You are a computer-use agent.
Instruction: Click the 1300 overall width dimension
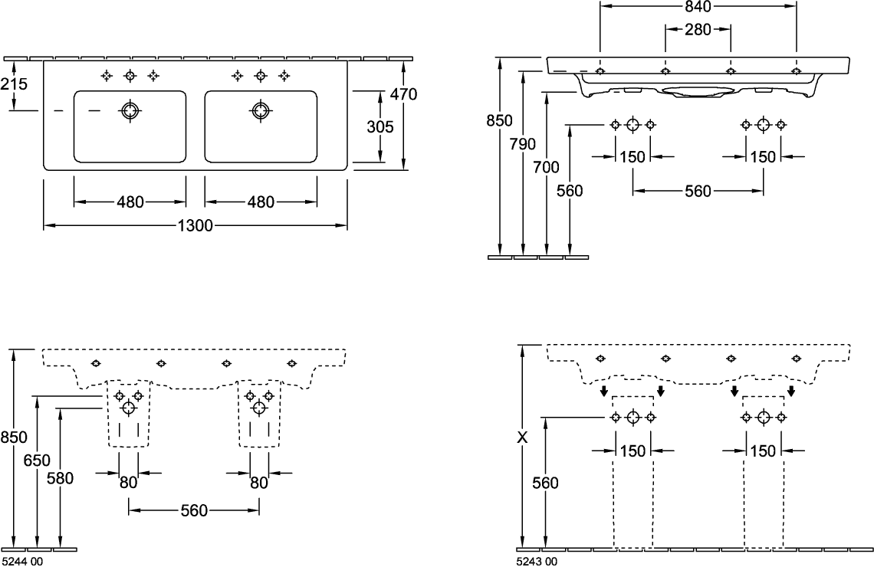point(195,226)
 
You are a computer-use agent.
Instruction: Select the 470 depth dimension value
point(403,95)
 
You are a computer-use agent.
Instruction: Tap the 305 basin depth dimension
point(379,127)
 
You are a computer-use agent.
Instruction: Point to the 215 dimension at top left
point(14,85)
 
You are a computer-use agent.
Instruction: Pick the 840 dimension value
point(698,7)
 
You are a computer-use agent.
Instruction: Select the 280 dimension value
point(698,30)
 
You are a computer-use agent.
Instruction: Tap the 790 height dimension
point(522,144)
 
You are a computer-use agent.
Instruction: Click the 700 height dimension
point(546,168)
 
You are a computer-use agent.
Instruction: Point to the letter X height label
point(523,438)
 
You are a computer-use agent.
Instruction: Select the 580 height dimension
point(61,478)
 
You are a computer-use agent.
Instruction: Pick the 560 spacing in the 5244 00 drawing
point(194,510)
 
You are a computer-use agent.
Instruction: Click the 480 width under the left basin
point(130,202)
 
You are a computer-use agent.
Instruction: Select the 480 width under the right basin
point(261,202)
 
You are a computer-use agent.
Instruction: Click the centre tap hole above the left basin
point(130,75)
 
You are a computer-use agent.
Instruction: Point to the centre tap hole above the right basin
point(261,75)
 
